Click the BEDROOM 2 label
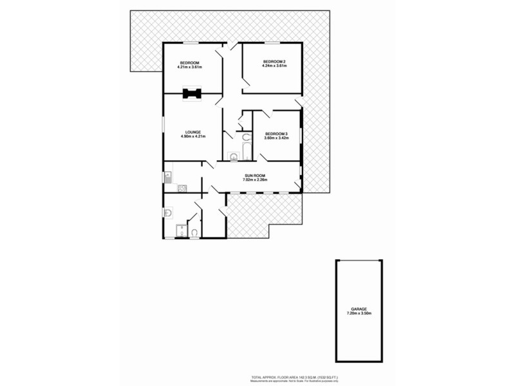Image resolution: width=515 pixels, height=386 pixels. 274,61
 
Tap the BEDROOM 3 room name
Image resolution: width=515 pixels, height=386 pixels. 276,133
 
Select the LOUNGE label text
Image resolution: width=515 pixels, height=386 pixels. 192,132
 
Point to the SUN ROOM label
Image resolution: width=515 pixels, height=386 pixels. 255,176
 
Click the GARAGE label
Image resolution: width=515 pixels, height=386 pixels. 359,309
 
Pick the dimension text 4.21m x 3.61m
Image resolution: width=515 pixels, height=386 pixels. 191,66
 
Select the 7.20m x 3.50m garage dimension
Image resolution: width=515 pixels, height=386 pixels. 359,313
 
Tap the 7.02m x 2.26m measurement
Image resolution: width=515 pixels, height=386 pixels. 255,180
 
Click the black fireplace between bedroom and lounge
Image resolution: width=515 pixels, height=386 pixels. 191,94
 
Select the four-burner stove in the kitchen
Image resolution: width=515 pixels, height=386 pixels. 182,188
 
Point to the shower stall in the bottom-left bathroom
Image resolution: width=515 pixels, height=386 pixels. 182,232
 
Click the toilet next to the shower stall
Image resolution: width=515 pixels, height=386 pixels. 194,232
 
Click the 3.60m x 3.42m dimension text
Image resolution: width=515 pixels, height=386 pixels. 276,138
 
